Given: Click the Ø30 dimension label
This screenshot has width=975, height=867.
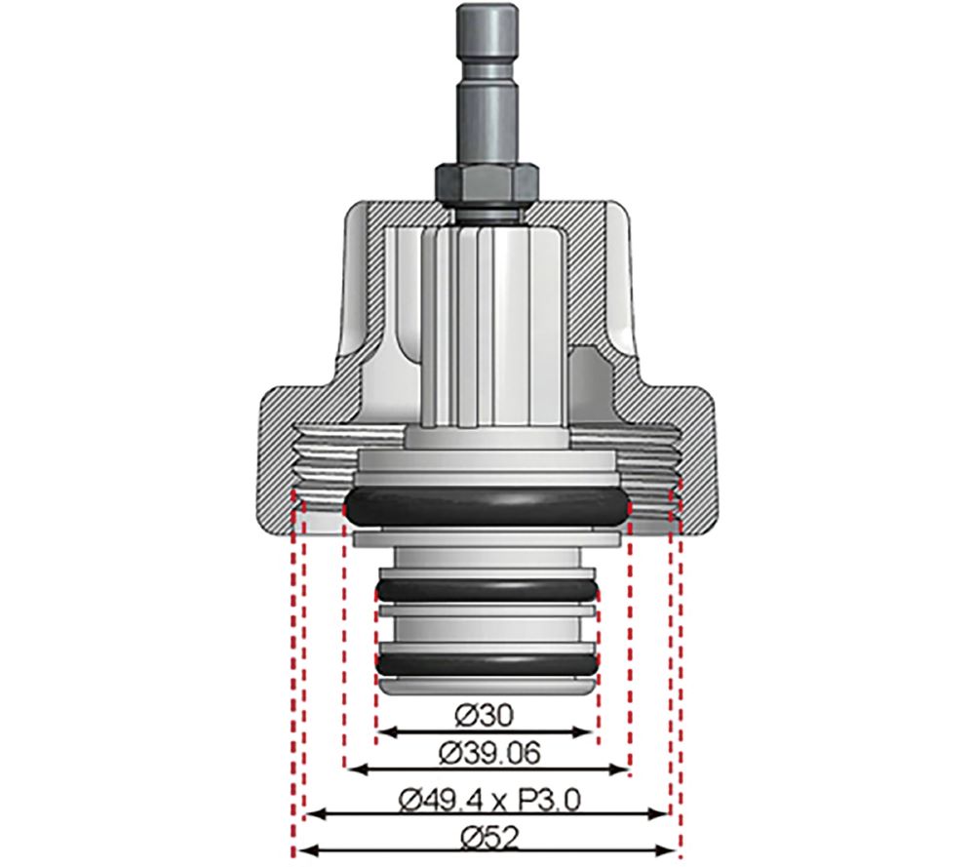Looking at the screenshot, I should coord(485,715).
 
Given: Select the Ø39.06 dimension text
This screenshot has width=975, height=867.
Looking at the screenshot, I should coord(487,753).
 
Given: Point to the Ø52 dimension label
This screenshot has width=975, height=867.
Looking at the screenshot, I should coord(487,837).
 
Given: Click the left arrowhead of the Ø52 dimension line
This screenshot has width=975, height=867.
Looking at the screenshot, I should coord(298,850).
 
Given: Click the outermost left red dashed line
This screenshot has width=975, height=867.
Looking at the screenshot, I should coord(292,683).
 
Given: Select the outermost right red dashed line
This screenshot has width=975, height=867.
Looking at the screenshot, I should coord(680,683).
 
